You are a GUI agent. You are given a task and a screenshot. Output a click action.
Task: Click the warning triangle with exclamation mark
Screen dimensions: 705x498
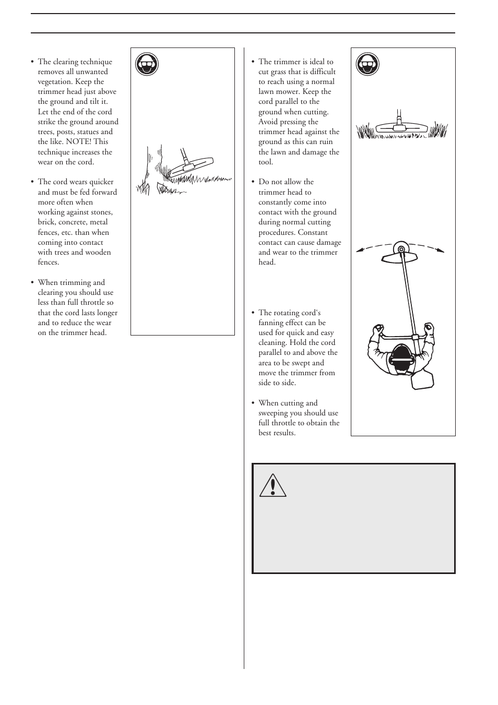click(272, 485)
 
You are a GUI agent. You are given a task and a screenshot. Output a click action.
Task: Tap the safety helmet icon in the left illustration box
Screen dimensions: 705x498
click(147, 64)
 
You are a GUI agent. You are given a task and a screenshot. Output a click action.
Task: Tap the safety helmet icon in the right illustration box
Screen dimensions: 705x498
click(367, 64)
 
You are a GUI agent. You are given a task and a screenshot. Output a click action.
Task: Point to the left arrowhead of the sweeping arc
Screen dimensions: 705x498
click(360, 251)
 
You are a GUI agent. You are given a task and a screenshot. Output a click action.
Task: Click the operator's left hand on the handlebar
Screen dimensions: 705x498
click(377, 330)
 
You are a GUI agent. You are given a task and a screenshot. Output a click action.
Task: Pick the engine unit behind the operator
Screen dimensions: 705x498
click(422, 379)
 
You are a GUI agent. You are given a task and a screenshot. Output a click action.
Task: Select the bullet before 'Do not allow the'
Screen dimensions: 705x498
click(253, 182)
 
